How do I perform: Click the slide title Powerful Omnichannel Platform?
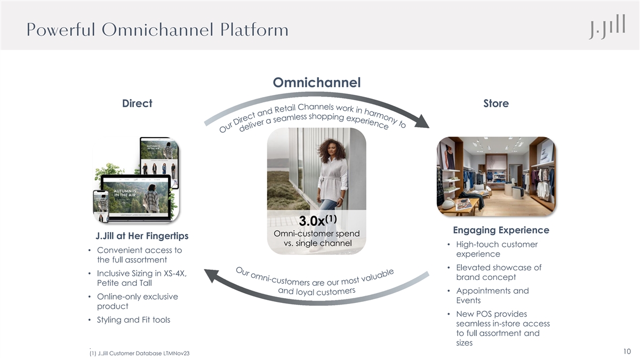pos(157,29)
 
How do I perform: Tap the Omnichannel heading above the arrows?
pos(317,83)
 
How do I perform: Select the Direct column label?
pos(138,103)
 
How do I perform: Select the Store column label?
pos(495,103)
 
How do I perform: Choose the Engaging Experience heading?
pos(500,230)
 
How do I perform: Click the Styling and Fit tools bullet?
pos(133,320)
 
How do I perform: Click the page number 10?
pos(627,351)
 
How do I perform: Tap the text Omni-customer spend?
pos(316,234)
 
